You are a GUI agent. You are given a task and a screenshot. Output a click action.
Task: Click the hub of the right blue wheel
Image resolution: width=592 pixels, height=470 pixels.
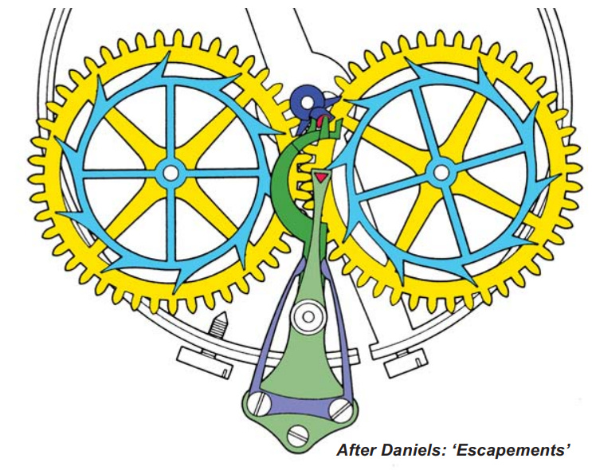click(x=441, y=171)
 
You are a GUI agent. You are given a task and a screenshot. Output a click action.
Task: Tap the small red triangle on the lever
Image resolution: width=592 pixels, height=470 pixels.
click(x=320, y=177)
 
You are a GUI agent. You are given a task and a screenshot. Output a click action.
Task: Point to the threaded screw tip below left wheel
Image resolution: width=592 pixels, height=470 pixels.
click(x=217, y=327)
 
